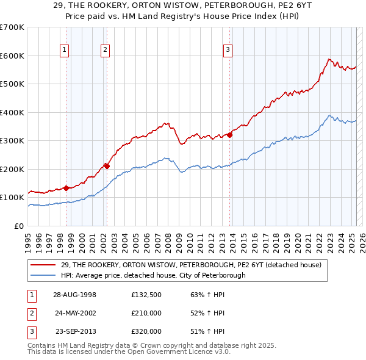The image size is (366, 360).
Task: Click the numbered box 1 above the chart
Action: (x=65, y=51)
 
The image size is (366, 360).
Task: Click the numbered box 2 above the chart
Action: (x=106, y=51)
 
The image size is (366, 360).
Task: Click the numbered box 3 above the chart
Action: (x=228, y=51)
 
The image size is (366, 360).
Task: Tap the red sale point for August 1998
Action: (x=66, y=188)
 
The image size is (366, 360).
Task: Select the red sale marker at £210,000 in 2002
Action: (x=107, y=165)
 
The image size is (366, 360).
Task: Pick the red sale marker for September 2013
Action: (x=230, y=135)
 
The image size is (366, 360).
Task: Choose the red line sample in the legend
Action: (x=45, y=265)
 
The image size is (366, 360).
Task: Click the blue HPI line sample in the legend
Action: (x=45, y=275)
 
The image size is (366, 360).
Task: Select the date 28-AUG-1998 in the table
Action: (x=75, y=295)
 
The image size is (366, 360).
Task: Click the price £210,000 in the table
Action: (x=146, y=313)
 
